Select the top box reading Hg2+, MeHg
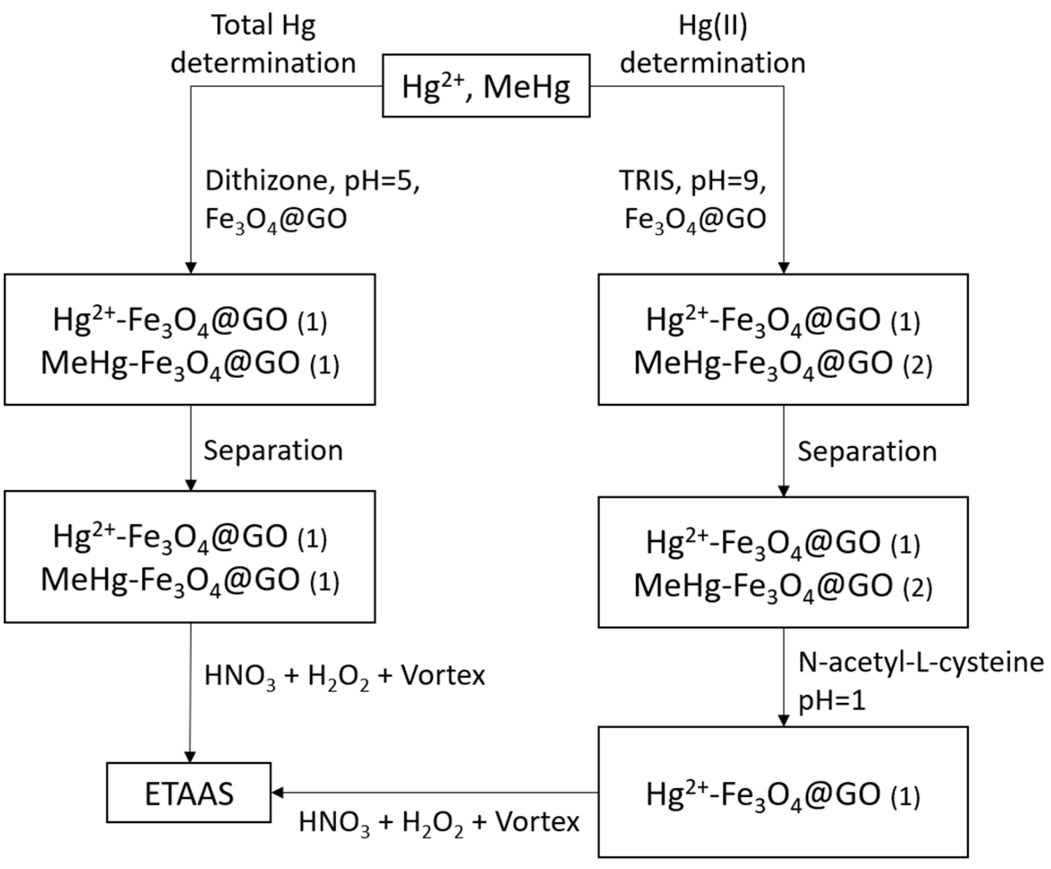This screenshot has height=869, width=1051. [x=486, y=86]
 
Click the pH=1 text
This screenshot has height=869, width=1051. [x=831, y=701]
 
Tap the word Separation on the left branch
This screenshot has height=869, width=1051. [x=273, y=451]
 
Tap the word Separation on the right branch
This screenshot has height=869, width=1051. [x=867, y=452]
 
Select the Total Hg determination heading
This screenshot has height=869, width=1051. [x=263, y=44]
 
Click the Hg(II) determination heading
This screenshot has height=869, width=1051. [x=713, y=44]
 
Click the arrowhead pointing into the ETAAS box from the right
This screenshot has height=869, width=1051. [x=277, y=792]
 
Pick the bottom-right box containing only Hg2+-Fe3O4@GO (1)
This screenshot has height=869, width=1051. [x=783, y=792]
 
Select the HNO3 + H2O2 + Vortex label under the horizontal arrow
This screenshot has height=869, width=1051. [x=438, y=822]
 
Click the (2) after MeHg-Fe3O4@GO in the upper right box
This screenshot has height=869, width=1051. [x=918, y=365]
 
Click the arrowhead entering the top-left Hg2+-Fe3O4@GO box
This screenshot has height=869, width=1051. [x=191, y=268]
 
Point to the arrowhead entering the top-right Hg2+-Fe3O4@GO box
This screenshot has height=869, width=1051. [x=784, y=268]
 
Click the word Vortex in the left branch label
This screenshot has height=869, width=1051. [x=443, y=676]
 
